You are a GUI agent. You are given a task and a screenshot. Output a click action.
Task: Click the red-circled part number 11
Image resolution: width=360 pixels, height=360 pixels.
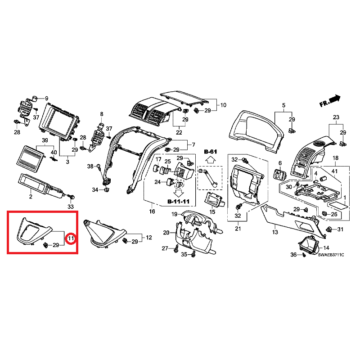coord(71,238)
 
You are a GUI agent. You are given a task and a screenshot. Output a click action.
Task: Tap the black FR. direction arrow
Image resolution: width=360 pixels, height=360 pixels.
coord(335,99)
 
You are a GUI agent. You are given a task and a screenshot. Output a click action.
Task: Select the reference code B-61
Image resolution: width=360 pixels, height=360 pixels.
coord(210,152)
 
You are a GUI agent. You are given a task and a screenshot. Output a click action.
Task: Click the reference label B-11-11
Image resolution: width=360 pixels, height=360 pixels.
coord(178,202)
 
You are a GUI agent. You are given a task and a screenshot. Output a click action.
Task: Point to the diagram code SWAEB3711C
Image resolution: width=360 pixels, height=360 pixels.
coord(331,255)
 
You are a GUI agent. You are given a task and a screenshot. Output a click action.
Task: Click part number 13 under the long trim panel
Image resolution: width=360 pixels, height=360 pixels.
coord(275,232)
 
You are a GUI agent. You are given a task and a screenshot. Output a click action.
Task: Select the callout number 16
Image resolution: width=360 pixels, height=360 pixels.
coord(152,211)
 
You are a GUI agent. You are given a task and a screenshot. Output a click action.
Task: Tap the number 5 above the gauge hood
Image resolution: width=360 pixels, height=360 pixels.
coord(283,105)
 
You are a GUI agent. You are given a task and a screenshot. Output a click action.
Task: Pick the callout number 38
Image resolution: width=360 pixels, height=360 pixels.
coord(90,166)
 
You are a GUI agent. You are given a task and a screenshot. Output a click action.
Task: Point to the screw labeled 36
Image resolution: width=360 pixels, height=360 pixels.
coord(304,255)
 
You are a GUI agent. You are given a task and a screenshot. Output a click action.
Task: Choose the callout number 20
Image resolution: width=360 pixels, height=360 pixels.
coord(166,233)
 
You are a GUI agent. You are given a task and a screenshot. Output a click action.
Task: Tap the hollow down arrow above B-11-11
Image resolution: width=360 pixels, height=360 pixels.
coord(179,193)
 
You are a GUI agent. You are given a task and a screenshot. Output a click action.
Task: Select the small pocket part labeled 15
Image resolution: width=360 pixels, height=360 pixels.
coord(213,199)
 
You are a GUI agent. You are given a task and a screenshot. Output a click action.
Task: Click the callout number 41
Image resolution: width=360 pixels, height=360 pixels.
coord(335,171)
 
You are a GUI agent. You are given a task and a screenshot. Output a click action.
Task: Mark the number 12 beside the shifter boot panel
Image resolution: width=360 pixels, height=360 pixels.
coord(149,238)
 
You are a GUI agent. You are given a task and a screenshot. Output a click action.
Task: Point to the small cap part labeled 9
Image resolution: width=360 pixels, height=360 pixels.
coord(35,99)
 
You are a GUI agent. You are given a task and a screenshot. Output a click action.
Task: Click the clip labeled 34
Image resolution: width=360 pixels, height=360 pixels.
coord(106,190)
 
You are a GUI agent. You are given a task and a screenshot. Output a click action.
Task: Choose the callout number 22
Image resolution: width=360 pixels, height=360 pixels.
coord(179,132)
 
